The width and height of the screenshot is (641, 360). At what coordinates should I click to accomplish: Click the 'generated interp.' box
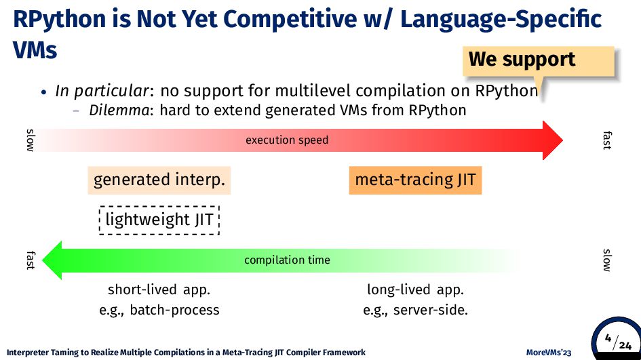tap(159, 180)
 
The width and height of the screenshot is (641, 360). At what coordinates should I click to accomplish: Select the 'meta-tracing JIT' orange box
tap(415, 180)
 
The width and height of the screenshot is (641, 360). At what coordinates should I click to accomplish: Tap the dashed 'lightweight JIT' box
tap(159, 220)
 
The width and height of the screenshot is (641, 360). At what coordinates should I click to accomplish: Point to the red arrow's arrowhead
tap(553, 140)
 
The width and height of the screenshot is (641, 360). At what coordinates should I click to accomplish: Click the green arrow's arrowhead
tap(52, 260)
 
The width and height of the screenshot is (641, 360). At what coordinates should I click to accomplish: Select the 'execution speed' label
tap(287, 140)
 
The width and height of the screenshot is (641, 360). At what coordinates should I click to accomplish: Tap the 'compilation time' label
tap(287, 260)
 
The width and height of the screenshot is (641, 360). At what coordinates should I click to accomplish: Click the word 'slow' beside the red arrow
tap(31, 140)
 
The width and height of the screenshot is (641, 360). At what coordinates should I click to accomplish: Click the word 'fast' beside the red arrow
tap(608, 140)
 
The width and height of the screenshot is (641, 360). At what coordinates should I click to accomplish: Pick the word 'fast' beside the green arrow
tap(31, 260)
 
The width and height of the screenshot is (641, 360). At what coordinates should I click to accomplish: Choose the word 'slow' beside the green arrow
tap(608, 260)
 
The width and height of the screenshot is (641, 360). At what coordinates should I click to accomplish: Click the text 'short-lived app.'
tap(159, 289)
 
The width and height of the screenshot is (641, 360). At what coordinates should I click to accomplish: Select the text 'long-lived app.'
tap(415, 289)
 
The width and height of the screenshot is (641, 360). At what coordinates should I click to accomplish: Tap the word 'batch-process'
tap(174, 310)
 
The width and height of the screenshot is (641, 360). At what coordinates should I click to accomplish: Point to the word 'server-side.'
tap(431, 310)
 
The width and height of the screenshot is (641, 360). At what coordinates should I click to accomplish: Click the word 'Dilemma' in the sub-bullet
tap(119, 111)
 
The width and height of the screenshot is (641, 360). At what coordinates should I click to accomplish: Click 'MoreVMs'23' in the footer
tap(549, 353)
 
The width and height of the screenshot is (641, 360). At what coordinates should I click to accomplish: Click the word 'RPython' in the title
tap(59, 20)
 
